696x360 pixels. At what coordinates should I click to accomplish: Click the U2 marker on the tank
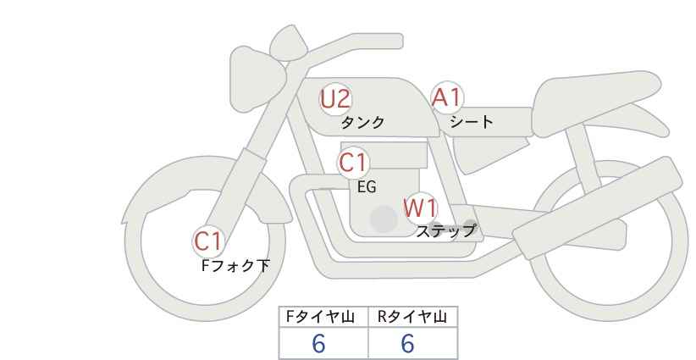[336, 99]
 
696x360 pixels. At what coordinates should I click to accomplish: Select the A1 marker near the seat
[447, 97]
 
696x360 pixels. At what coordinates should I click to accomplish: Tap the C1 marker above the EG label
[353, 163]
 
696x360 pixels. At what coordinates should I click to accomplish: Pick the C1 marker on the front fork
[208, 241]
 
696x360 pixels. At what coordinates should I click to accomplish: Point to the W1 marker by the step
[421, 208]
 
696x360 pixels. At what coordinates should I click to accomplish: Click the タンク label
[362, 122]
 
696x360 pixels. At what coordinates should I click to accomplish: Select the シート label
[472, 121]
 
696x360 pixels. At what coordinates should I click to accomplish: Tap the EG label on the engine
[367, 187]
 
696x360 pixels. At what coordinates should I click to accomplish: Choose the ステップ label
[445, 231]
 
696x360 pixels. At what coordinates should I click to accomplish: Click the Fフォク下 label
[235, 266]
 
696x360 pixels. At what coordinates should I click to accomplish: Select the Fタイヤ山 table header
[320, 317]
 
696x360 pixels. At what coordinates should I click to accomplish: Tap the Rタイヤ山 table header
[412, 317]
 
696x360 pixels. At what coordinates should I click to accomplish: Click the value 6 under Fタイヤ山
[318, 344]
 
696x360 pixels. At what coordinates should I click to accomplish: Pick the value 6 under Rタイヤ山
[407, 344]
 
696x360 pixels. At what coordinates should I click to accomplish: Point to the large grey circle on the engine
[384, 219]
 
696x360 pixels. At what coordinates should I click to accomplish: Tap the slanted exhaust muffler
[597, 208]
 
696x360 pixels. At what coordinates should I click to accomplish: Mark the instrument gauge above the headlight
[289, 43]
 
